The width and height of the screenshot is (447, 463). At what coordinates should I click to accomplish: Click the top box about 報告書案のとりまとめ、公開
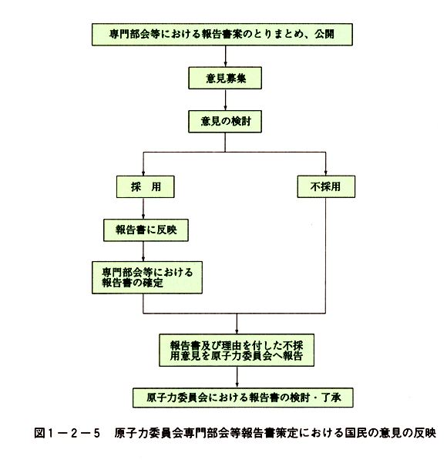222,35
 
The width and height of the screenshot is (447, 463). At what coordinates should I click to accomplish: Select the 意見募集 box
225,78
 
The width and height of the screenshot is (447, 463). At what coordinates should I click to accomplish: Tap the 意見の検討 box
225,122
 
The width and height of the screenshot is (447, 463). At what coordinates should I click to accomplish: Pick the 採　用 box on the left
145,186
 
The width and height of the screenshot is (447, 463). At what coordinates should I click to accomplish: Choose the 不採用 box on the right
326,186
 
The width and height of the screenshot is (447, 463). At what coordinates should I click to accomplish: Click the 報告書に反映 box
146,230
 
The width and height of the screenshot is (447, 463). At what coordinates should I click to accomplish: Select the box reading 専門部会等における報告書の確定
147,277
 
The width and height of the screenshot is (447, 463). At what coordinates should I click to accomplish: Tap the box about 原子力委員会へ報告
237,351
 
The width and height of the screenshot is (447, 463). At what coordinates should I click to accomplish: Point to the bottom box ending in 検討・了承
243,398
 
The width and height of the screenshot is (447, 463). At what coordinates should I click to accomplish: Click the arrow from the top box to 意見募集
225,56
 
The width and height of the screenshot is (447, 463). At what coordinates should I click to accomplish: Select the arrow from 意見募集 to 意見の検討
225,100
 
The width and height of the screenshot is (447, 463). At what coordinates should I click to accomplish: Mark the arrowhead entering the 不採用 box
325,173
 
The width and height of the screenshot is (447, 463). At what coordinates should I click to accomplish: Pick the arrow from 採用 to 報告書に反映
143,209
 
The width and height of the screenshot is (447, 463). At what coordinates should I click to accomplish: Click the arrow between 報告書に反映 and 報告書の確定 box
143,251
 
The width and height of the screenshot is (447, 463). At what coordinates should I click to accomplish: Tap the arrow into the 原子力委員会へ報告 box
237,324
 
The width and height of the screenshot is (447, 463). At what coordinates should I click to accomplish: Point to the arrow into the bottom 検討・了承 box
237,377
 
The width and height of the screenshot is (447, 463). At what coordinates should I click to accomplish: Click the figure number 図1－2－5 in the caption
67,433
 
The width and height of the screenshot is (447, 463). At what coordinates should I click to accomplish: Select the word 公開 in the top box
324,34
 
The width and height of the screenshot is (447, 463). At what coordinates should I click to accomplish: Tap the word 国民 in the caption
355,433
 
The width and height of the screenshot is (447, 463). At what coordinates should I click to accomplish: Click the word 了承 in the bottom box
331,398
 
